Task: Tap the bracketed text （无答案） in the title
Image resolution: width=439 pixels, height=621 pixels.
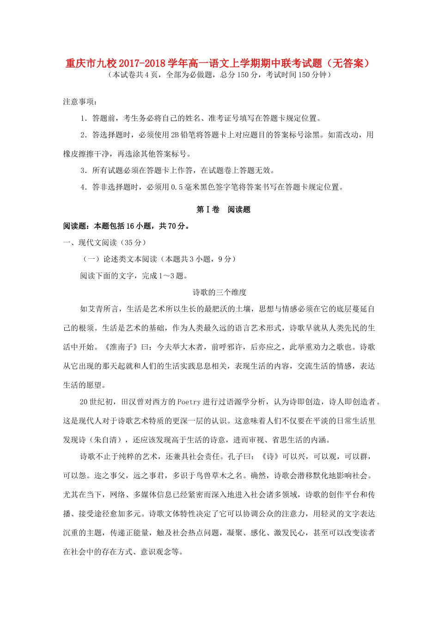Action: point(348,63)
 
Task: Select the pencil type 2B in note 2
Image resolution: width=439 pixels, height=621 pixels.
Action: point(175,135)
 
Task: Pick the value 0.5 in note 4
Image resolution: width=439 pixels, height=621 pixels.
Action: point(176,187)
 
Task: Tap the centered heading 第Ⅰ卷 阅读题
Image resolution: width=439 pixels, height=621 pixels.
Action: point(223,209)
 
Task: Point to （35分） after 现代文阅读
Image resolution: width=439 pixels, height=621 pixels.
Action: point(134,243)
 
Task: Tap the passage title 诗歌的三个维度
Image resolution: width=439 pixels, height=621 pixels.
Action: point(219,292)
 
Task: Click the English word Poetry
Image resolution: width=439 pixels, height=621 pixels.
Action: point(189,402)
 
